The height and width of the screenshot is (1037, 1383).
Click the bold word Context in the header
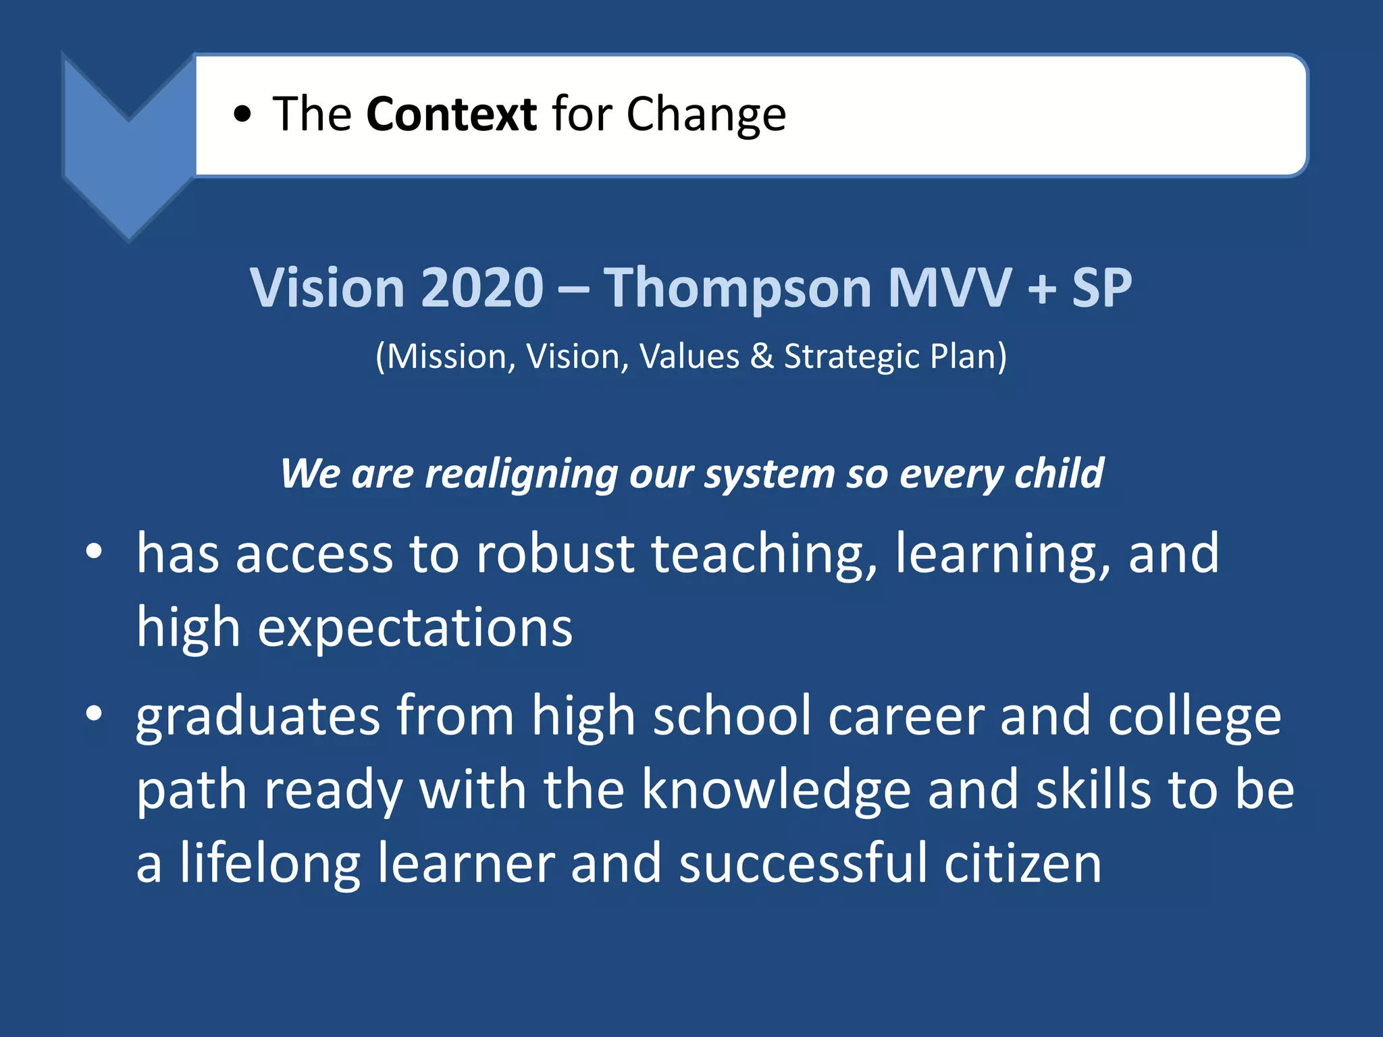[x=451, y=114]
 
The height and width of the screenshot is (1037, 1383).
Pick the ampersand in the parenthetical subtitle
[x=762, y=356]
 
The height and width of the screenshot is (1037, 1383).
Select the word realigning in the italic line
[x=521, y=475]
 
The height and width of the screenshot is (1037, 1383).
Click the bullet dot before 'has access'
[x=94, y=552]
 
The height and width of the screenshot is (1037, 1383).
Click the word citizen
[x=1022, y=864]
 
